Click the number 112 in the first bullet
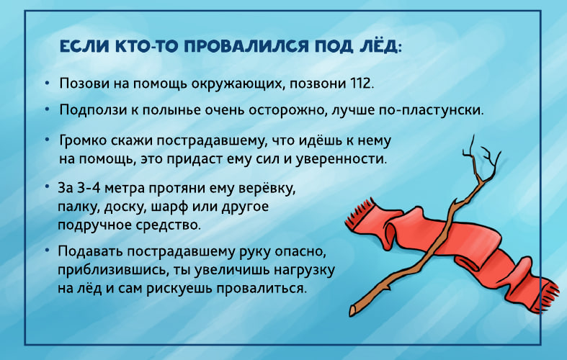[360, 84]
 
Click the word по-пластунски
[430, 110]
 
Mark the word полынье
[172, 110]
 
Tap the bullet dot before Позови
[47, 84]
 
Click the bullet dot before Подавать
[47, 249]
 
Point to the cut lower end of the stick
[353, 310]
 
